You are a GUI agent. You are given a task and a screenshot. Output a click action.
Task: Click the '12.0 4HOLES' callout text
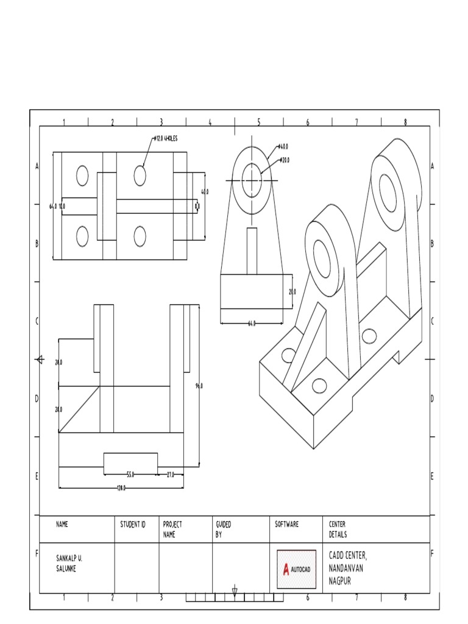point(166,139)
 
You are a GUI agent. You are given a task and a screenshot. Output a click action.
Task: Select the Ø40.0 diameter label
point(283,147)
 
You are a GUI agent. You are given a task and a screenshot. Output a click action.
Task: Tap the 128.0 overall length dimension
point(121,488)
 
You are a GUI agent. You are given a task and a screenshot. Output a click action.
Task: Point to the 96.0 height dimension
point(199,386)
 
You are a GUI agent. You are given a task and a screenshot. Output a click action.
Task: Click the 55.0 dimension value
point(130,474)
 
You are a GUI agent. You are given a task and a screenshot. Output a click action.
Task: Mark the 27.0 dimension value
point(171,474)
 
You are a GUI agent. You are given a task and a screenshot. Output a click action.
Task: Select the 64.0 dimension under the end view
point(252,324)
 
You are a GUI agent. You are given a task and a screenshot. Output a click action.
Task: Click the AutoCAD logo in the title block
point(297,569)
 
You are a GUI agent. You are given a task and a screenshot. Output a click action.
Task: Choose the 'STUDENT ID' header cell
point(133,524)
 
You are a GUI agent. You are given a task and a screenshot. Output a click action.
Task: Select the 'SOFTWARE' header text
point(287,524)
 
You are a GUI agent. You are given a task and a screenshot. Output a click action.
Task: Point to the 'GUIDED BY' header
point(223,529)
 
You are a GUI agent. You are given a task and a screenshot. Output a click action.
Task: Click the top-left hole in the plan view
point(82,175)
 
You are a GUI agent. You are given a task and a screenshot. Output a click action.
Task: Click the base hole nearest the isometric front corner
point(319,385)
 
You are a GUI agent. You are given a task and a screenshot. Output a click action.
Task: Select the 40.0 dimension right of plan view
point(205,191)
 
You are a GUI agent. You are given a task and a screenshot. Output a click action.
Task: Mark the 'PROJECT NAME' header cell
point(172,529)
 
